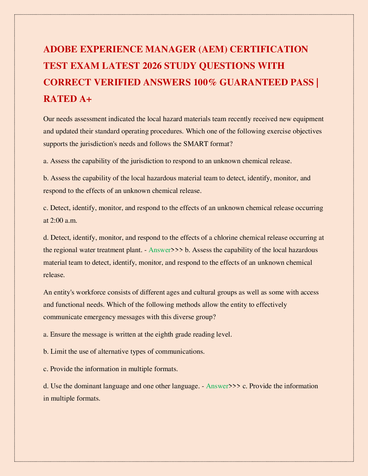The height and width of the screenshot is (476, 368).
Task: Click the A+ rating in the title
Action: point(85,99)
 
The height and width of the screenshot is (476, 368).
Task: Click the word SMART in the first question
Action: point(193,144)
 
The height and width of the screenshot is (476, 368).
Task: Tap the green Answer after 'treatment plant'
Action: point(160,250)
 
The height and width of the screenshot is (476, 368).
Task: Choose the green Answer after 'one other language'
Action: point(217,386)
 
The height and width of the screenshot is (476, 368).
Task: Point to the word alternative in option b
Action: point(107,352)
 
